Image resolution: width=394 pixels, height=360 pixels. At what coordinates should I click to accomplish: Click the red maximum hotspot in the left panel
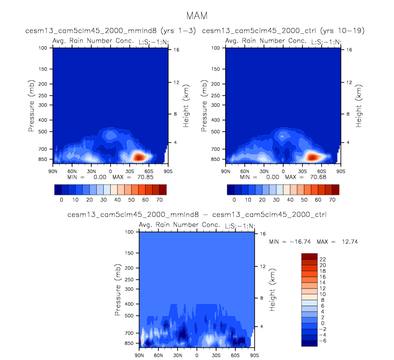pyautogui.click(x=139, y=157)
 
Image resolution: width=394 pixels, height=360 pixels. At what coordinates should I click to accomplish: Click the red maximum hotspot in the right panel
pyautogui.click(x=312, y=157)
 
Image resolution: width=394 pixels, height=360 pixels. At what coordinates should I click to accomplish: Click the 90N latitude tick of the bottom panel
pyautogui.click(x=139, y=355)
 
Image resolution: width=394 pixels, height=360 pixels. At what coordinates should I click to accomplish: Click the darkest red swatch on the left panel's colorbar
pyautogui.click(x=163, y=189)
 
